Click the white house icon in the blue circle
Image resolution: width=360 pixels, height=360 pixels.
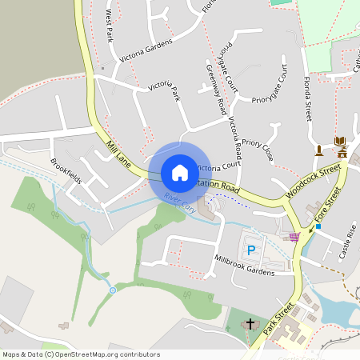(x=179, y=172)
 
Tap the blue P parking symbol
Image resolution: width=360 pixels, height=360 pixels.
(x=251, y=250)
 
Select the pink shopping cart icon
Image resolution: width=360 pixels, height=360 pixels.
(x=294, y=236)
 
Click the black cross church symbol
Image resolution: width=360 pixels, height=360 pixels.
(x=250, y=324)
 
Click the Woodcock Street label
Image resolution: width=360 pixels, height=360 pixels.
(x=312, y=183)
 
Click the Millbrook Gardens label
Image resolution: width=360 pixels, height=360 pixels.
(x=244, y=265)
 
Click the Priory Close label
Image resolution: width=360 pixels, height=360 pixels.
(x=258, y=147)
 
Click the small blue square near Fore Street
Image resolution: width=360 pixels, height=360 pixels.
(x=318, y=226)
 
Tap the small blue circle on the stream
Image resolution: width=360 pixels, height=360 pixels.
(x=113, y=289)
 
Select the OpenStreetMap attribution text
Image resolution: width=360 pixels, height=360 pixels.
(x=81, y=354)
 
